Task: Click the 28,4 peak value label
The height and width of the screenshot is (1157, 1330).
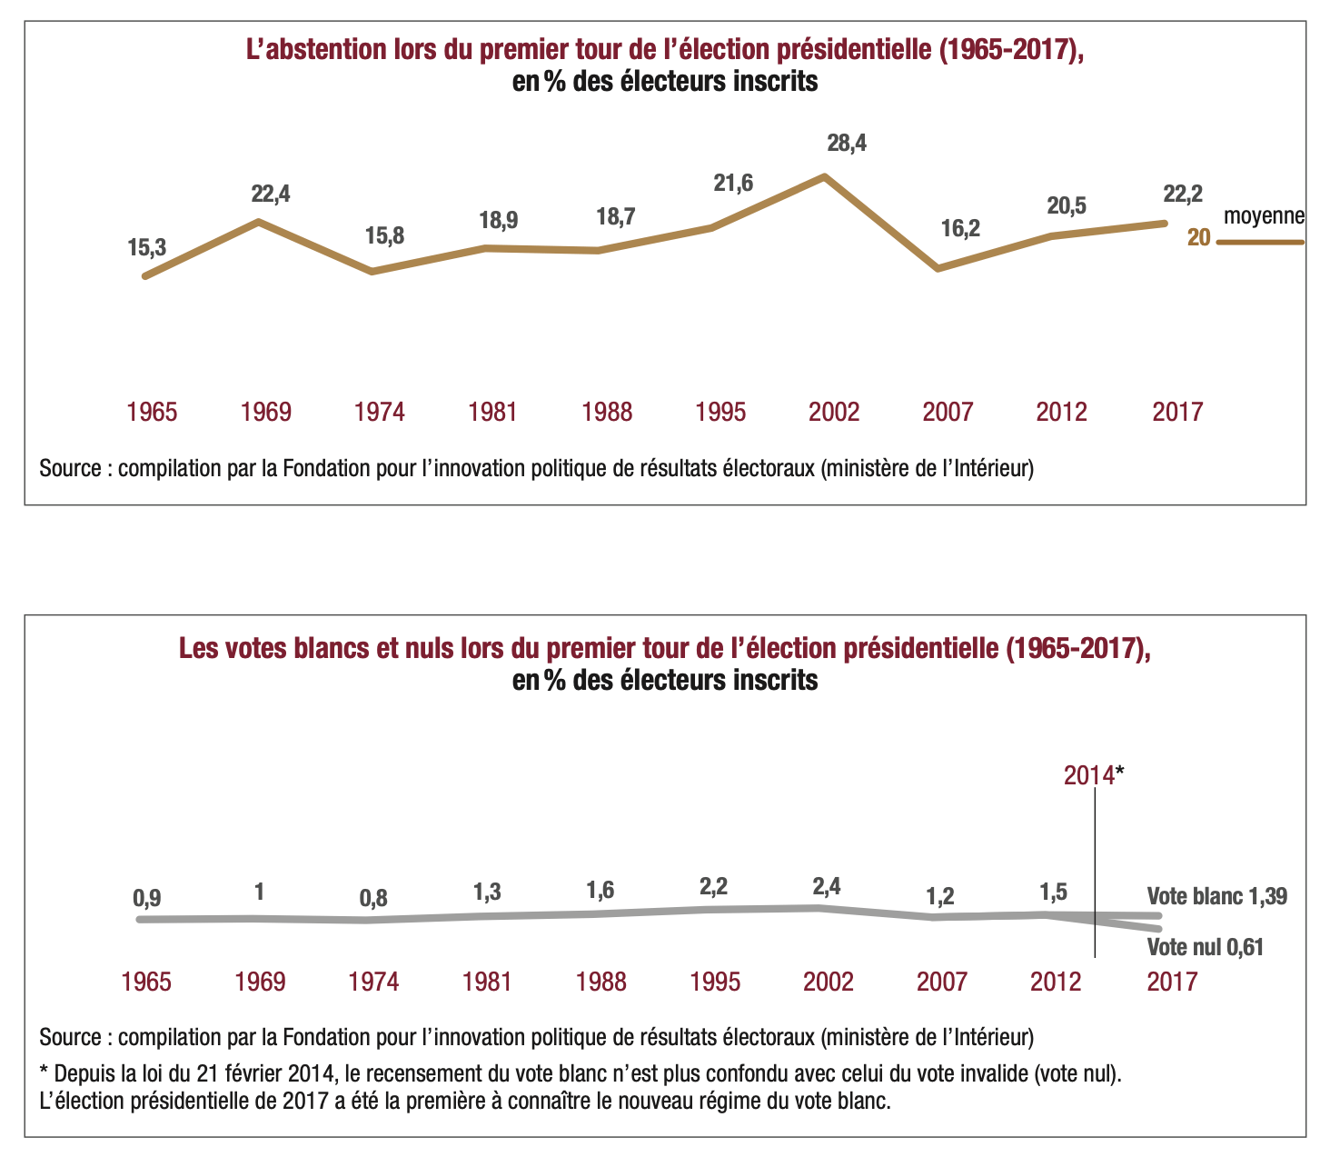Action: click(x=847, y=144)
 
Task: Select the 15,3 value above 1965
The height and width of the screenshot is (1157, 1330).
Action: click(x=147, y=246)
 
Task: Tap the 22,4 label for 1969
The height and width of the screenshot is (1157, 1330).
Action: click(x=271, y=194)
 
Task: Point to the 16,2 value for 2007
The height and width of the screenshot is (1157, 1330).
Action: click(x=960, y=229)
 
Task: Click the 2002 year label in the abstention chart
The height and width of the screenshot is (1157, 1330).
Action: click(x=833, y=412)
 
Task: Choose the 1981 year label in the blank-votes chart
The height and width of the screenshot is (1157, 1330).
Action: click(x=487, y=982)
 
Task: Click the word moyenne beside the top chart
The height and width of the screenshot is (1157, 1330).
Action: click(x=1264, y=217)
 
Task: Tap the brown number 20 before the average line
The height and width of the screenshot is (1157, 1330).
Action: click(x=1199, y=239)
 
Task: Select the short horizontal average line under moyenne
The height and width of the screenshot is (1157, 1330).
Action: click(x=1260, y=243)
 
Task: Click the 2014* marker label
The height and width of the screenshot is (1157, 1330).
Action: click(x=1094, y=775)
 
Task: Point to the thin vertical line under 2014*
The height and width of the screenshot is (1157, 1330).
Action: click(x=1096, y=873)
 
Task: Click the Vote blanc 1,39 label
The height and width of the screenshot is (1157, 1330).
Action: click(x=1216, y=897)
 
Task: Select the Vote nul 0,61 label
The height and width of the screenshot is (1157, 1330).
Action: click(x=1206, y=948)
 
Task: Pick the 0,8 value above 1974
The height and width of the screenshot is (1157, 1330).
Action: click(x=373, y=899)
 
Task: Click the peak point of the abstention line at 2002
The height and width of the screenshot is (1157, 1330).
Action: click(x=824, y=175)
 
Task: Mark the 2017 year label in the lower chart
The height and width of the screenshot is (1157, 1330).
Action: click(x=1172, y=982)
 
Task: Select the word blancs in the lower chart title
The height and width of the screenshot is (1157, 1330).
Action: click(x=315, y=649)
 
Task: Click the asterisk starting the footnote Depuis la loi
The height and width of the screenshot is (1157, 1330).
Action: click(x=45, y=1072)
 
